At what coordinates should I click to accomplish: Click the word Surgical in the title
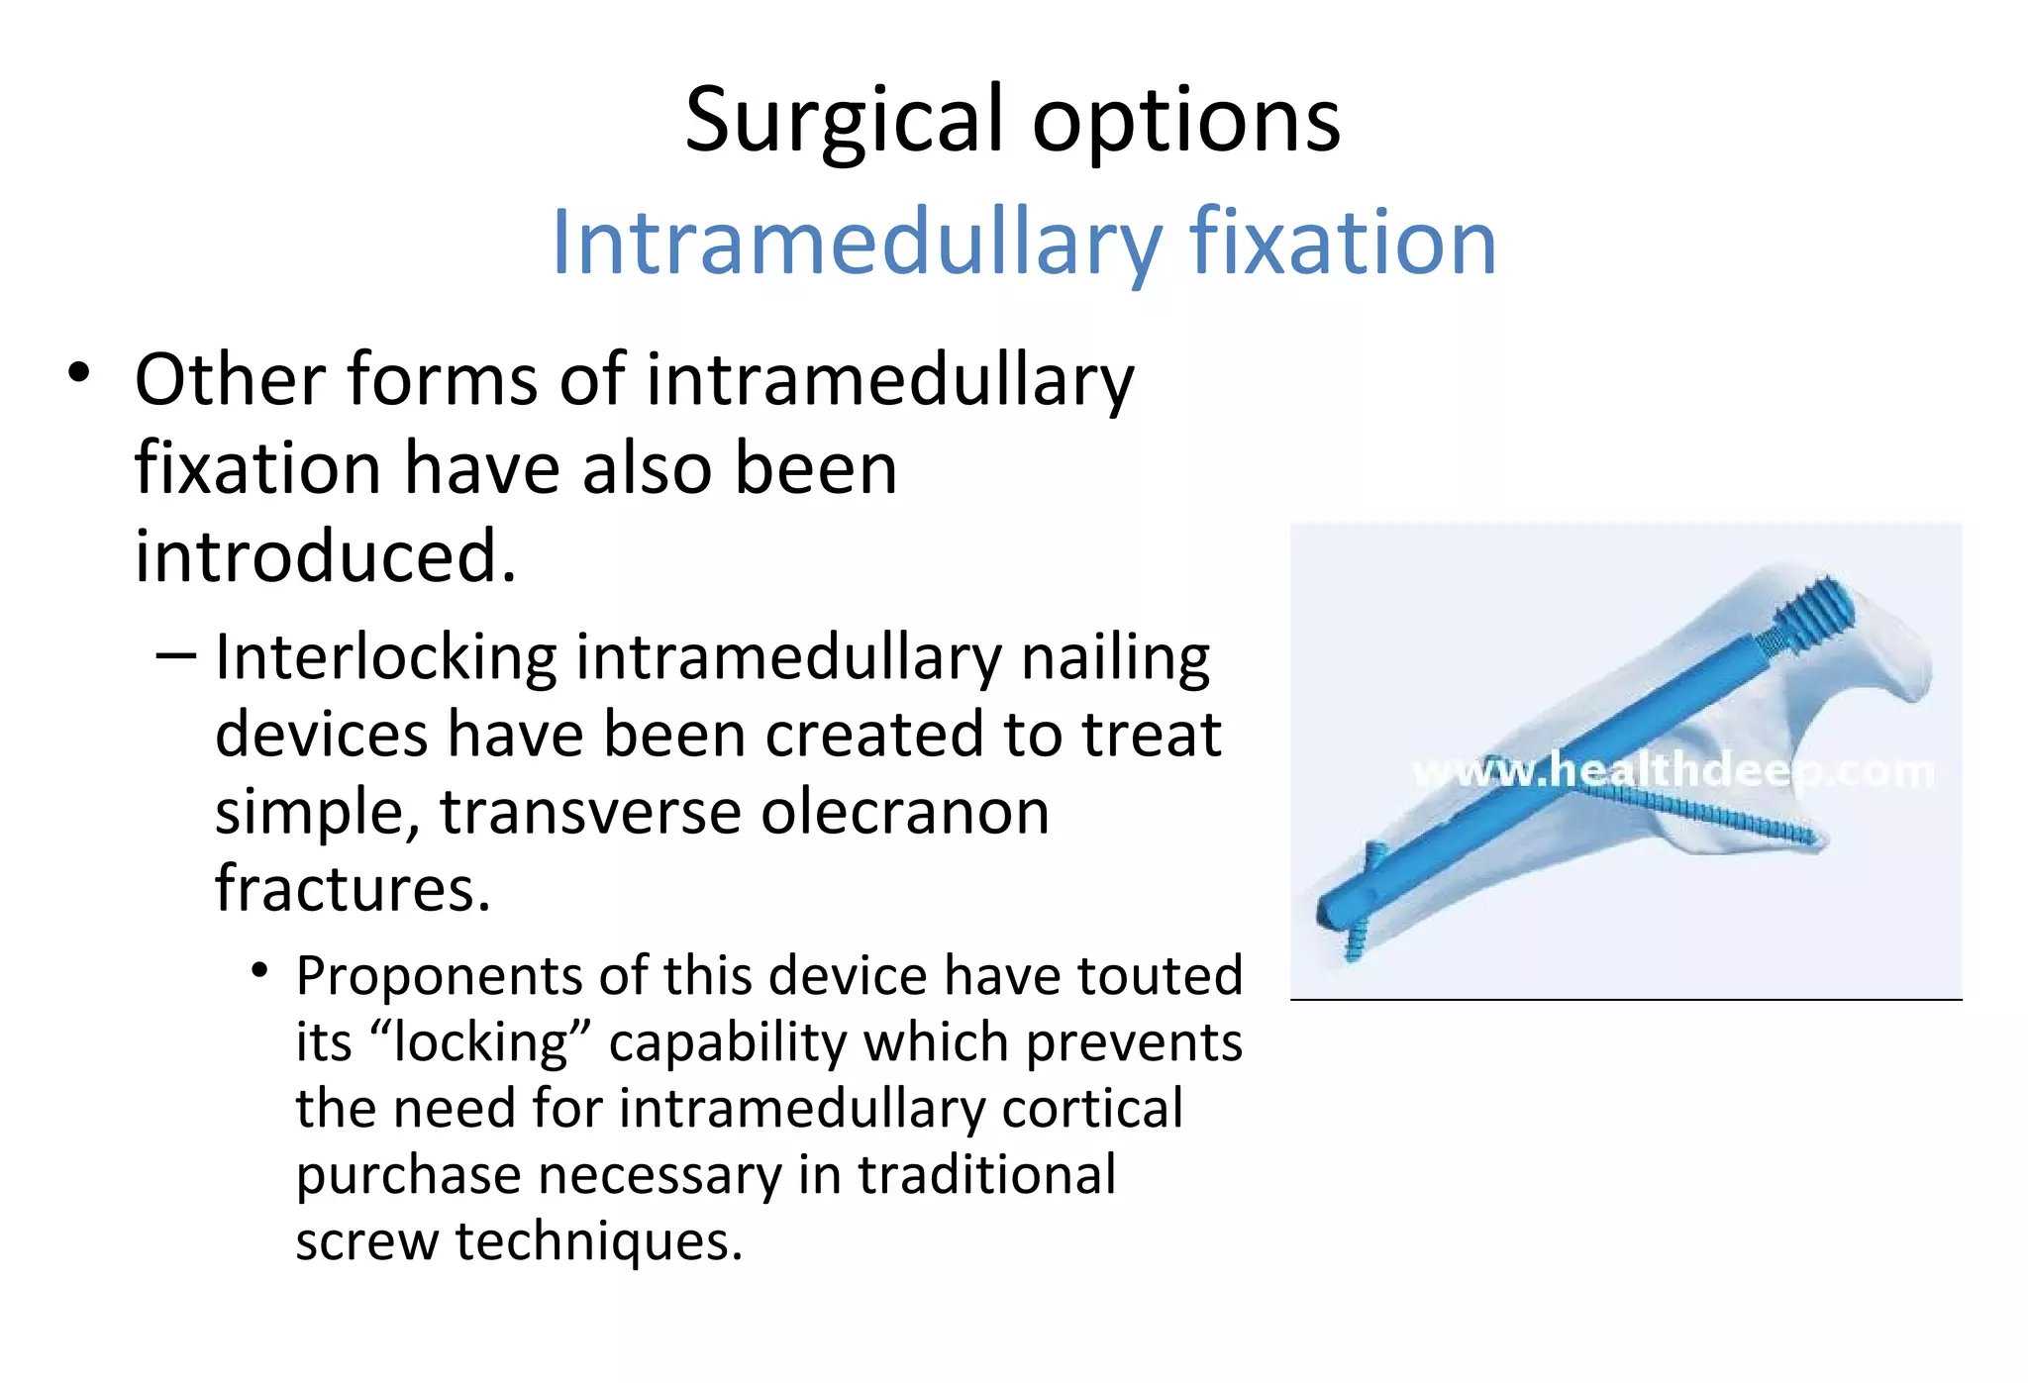(844, 121)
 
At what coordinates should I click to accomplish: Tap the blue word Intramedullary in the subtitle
(855, 244)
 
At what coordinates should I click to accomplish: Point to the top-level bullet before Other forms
(79, 375)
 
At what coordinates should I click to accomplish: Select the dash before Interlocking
(176, 656)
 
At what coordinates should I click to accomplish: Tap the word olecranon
(904, 812)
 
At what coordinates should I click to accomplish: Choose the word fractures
(353, 888)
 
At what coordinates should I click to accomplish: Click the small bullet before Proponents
(259, 971)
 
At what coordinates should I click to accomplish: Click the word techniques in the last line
(597, 1240)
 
